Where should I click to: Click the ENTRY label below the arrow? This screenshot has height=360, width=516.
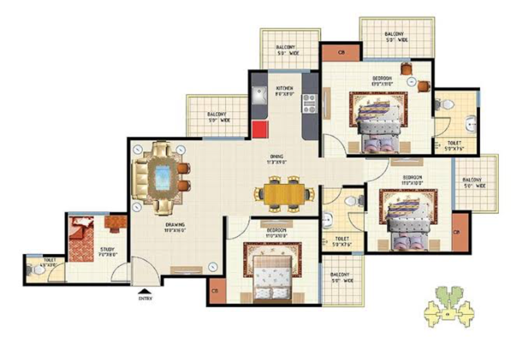145,298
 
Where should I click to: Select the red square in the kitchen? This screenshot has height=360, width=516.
260,129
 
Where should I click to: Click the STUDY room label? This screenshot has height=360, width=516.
107,251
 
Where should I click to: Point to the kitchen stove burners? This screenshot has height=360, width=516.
310,102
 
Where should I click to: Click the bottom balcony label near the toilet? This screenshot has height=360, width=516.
343,278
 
